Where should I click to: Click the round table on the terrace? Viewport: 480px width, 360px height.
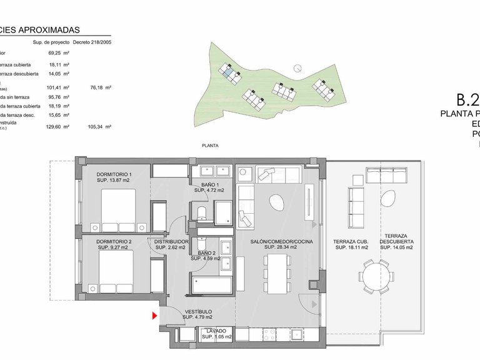(x=374, y=275)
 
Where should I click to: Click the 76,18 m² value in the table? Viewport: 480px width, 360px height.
(x=100, y=88)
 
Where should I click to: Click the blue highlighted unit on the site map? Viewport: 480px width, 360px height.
(x=232, y=74)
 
